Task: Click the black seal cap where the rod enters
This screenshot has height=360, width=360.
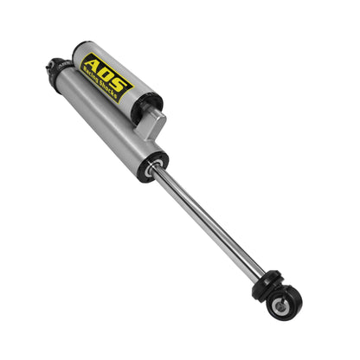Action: (157, 162)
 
